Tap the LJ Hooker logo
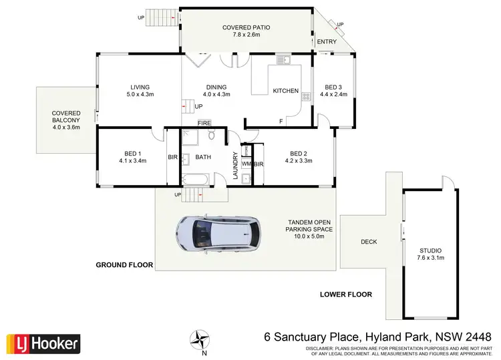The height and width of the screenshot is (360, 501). [43, 343]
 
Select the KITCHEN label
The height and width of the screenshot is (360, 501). [285, 91]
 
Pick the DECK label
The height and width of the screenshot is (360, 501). [369, 242]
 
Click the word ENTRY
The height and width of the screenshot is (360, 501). [327, 42]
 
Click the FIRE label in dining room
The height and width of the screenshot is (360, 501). [204, 124]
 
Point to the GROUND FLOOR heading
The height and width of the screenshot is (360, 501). [124, 265]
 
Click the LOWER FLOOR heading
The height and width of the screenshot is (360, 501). [345, 294]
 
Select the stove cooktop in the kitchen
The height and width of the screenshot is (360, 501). [306, 97]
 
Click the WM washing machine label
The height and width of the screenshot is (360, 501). [246, 164]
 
